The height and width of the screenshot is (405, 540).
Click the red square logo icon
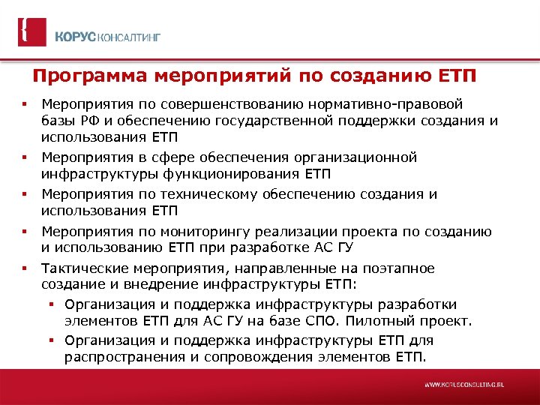point(31,32)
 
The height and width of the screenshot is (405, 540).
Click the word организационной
point(346,157)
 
